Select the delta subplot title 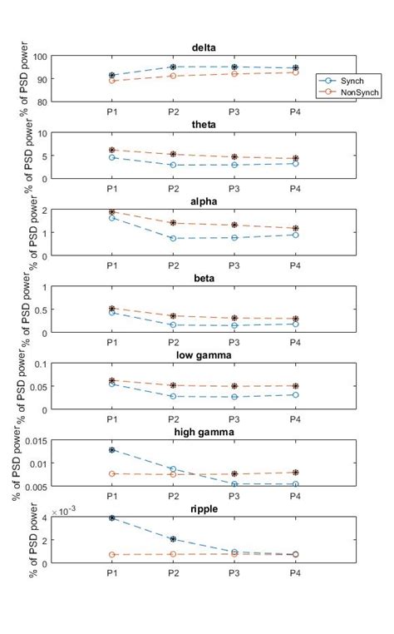click(x=204, y=47)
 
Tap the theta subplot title click(x=204, y=125)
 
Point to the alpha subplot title click(x=204, y=201)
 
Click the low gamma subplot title click(x=204, y=355)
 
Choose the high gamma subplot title click(x=204, y=432)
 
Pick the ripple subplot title click(x=204, y=508)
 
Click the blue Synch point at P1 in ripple click(x=112, y=518)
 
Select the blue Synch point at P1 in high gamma click(x=112, y=449)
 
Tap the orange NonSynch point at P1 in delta click(x=112, y=81)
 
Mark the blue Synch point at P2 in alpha click(x=173, y=238)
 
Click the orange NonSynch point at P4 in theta click(x=294, y=158)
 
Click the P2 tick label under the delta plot click(x=173, y=111)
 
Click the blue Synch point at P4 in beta click(x=294, y=324)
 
